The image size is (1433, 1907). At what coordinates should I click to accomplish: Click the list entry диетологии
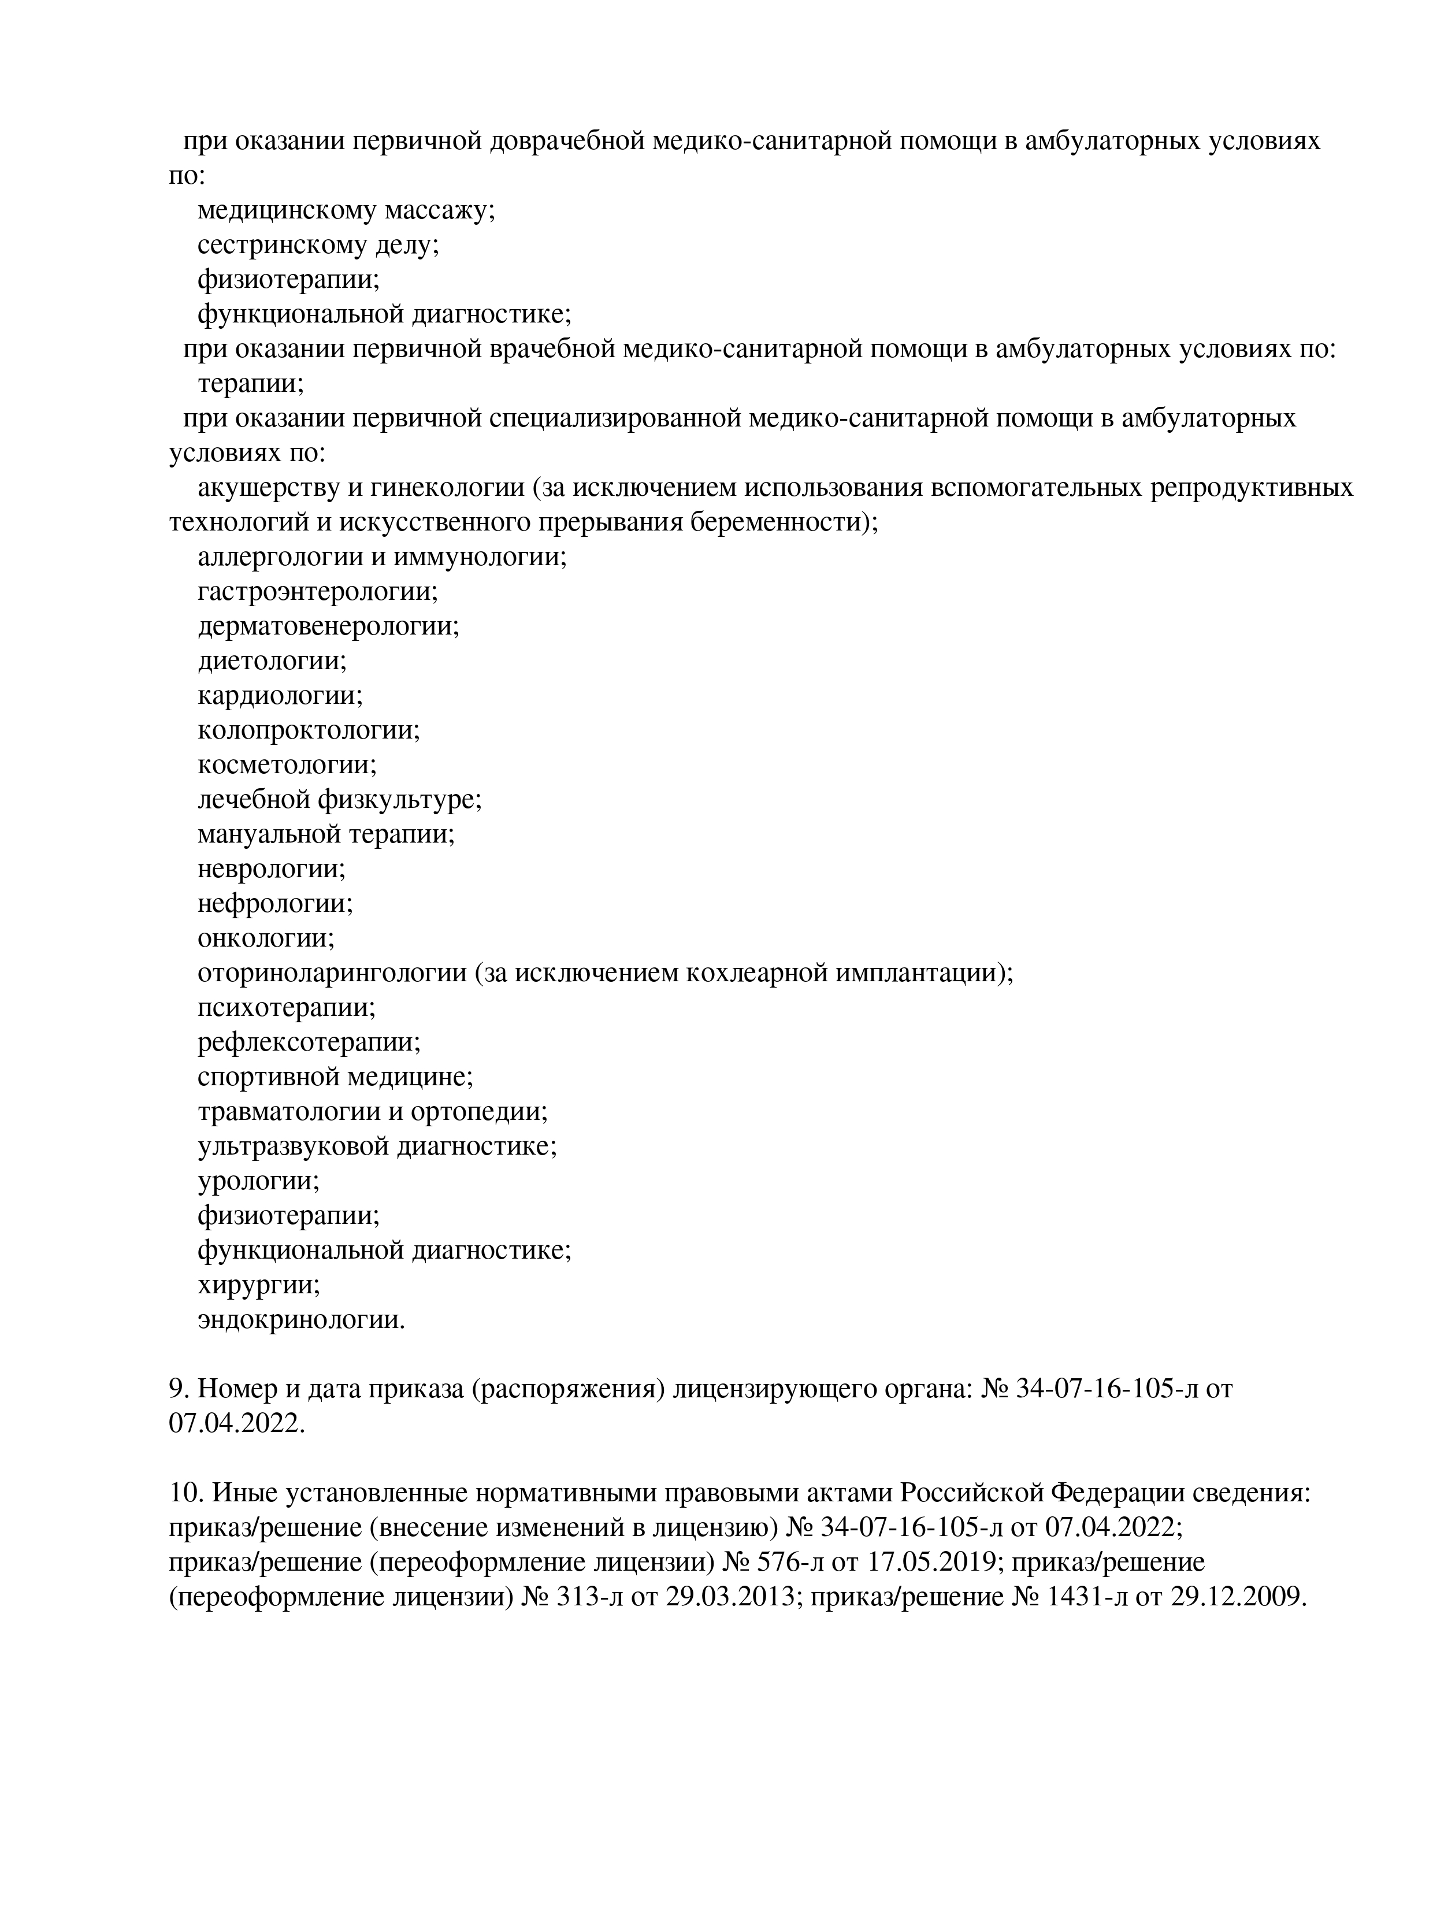click(x=272, y=661)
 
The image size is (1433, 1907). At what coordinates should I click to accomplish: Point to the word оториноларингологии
click(x=332, y=973)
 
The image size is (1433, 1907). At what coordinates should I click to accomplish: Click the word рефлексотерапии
click(x=309, y=1042)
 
